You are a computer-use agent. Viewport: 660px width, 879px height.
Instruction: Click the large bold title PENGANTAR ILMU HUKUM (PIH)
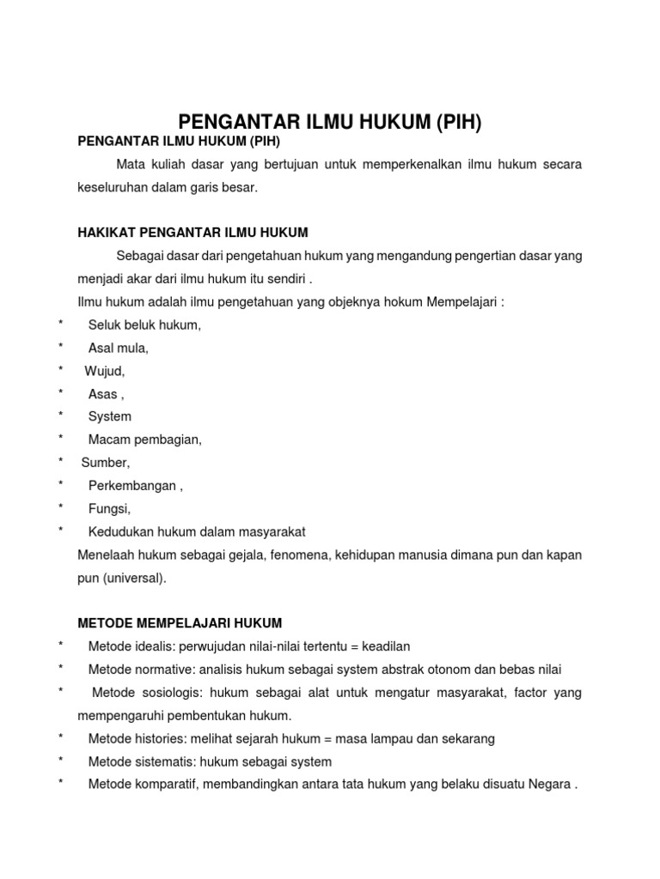point(330,122)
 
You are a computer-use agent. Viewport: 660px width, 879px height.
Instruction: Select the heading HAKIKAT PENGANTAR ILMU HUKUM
point(192,233)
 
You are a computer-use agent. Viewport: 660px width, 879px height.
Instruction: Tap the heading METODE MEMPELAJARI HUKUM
point(180,622)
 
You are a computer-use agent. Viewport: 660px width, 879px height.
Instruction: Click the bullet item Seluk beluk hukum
point(144,325)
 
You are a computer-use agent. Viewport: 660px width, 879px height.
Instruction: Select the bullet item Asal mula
point(119,348)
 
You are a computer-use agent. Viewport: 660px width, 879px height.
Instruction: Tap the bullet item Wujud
point(105,371)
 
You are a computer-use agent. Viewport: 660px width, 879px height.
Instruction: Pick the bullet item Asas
point(106,394)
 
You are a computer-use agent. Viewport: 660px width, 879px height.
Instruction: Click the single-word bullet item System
point(110,416)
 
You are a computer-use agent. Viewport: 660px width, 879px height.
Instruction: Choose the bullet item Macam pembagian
point(145,439)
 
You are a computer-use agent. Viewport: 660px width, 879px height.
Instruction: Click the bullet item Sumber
point(105,463)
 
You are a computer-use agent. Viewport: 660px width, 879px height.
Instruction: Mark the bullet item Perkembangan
point(135,486)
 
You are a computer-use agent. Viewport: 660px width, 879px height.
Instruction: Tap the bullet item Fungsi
point(109,509)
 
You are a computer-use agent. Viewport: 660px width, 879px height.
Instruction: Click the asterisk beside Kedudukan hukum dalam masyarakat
point(61,531)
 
